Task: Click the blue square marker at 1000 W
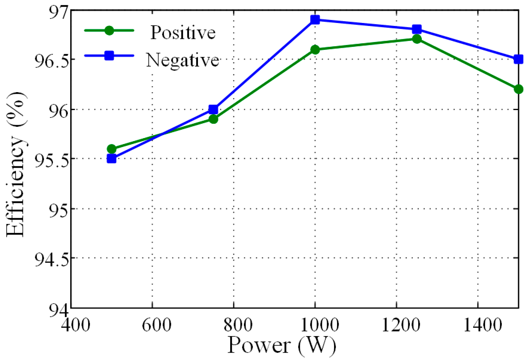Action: coord(315,20)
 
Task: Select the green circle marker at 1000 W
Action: coord(315,50)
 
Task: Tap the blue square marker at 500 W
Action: coord(111,158)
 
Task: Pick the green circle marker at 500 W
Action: coord(111,149)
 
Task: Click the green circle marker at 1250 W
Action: coord(417,39)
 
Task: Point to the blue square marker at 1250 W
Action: coord(417,29)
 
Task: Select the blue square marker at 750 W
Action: coord(213,109)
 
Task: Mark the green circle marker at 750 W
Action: coord(213,119)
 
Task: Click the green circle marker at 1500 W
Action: coord(518,89)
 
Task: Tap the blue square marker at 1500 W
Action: coord(518,59)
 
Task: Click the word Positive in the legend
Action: coord(183,33)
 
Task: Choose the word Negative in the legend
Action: coord(183,60)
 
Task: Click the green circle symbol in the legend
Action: coord(109,30)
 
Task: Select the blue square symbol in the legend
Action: coord(109,56)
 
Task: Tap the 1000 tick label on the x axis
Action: coord(319,324)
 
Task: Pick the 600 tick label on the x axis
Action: coord(156,324)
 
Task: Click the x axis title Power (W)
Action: coord(281,345)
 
